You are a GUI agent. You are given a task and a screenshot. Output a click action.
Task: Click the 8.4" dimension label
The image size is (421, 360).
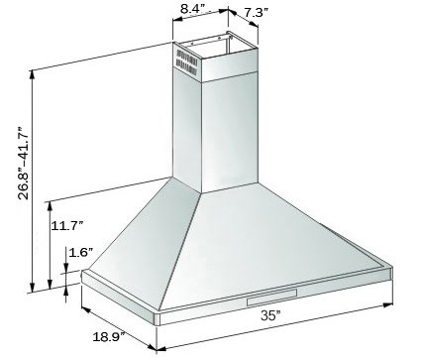pyautogui.click(x=192, y=8)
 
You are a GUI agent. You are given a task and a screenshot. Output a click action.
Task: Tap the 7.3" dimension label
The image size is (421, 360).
pyautogui.click(x=256, y=13)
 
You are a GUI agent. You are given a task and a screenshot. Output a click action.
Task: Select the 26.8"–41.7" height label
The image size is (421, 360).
pyautogui.click(x=24, y=163)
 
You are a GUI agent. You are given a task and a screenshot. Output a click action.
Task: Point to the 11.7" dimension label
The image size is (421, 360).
pyautogui.click(x=66, y=226)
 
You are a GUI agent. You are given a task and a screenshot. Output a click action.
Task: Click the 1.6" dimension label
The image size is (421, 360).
pyautogui.click(x=80, y=253)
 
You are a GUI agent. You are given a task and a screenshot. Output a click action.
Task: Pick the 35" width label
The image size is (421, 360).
pyautogui.click(x=270, y=315)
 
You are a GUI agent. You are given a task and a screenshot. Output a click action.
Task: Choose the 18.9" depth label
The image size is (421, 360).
pyautogui.click(x=108, y=337)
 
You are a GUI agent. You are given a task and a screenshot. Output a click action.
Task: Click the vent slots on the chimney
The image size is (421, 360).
pyautogui.click(x=186, y=61)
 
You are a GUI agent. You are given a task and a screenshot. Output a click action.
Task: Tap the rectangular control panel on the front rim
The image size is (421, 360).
pyautogui.click(x=271, y=297)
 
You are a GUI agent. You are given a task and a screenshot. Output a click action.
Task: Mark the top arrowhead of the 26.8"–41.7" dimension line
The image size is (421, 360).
pyautogui.click(x=33, y=74)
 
